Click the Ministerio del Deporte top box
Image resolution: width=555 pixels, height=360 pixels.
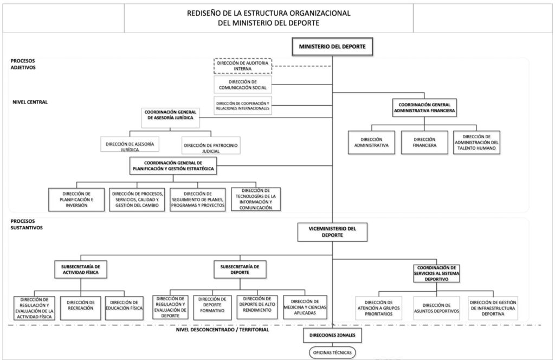(332, 47)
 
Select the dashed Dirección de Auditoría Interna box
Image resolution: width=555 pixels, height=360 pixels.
(243, 66)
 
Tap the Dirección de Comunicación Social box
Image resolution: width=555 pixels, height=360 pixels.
(243, 85)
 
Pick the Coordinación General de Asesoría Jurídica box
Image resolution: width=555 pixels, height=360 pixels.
(170, 118)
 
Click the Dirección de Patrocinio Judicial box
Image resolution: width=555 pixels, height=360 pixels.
(211, 145)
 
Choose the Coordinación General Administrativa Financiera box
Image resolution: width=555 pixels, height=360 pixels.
(424, 107)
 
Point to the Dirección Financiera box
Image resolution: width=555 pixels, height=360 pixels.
(424, 142)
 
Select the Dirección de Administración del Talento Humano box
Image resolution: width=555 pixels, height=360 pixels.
(476, 142)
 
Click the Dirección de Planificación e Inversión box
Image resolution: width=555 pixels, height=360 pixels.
(76, 200)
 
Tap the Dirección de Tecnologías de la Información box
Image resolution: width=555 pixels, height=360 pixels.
(256, 200)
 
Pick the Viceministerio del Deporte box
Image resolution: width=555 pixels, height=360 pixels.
(332, 232)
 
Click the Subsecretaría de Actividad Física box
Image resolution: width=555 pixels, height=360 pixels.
(81, 269)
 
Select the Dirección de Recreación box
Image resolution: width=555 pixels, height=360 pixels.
(81, 308)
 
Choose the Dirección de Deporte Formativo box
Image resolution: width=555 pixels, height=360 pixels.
(212, 307)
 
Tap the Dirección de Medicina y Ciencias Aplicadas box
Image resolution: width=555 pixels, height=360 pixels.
(305, 307)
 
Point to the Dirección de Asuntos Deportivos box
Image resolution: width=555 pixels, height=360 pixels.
(436, 308)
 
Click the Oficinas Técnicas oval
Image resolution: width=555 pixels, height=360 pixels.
(332, 352)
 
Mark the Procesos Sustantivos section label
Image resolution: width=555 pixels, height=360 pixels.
(27, 224)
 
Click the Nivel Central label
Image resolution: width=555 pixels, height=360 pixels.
(30, 102)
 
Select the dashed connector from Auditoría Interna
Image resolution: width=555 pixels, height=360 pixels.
(302, 66)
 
